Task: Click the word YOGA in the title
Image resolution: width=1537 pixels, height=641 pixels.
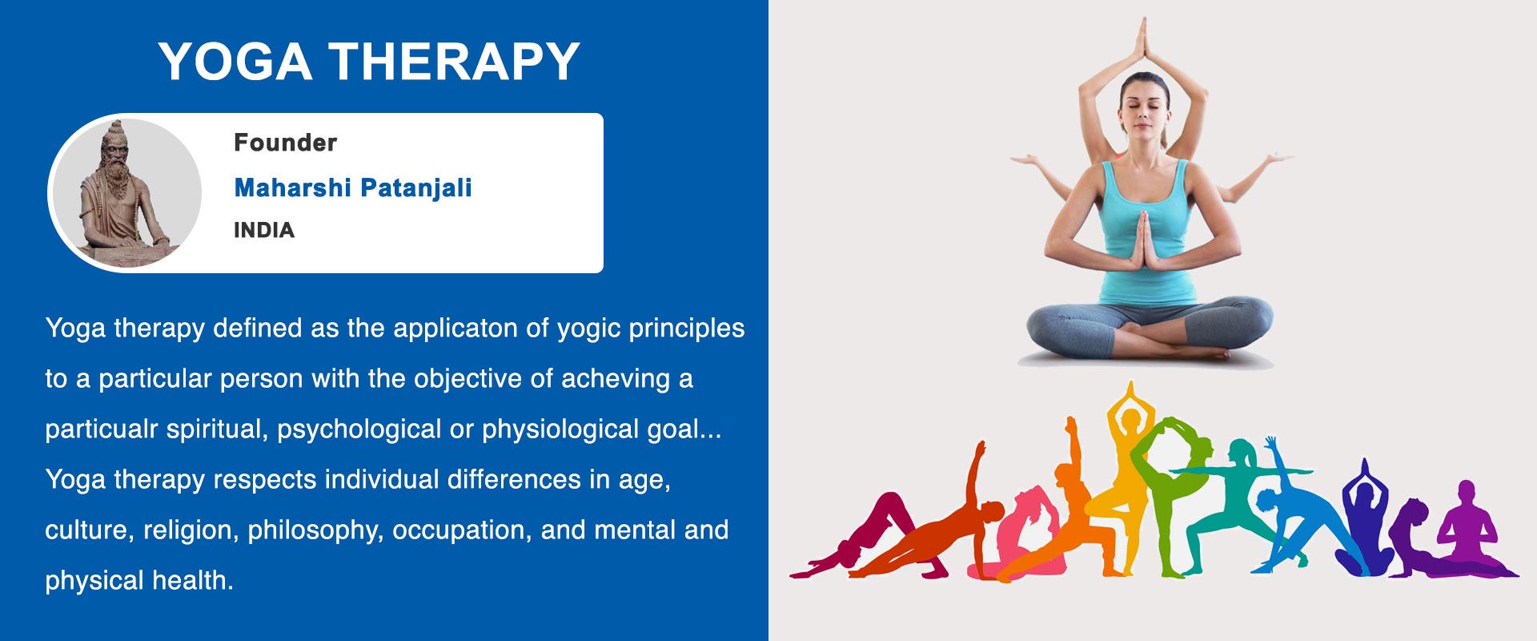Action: click(x=235, y=61)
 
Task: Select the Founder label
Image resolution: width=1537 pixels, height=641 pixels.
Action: click(x=285, y=143)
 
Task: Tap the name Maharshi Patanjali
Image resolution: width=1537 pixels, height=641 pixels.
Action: click(x=353, y=187)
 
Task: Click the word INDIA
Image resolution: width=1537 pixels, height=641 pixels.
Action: click(x=264, y=230)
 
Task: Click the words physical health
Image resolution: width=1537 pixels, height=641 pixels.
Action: click(x=139, y=580)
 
